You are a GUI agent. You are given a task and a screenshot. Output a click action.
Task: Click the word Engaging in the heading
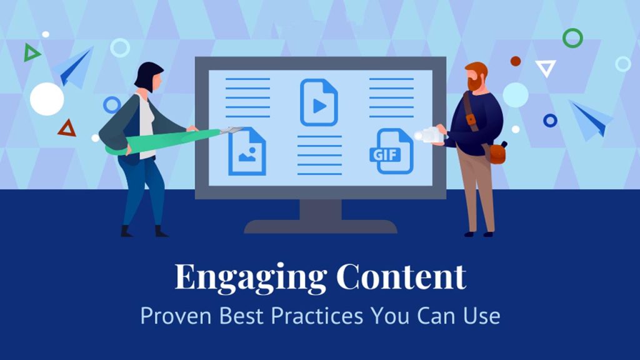(x=251, y=278)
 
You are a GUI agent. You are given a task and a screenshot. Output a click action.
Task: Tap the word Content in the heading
(x=401, y=276)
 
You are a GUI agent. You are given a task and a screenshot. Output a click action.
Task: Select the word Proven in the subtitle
(x=176, y=316)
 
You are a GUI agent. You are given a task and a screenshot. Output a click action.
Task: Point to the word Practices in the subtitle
(x=317, y=316)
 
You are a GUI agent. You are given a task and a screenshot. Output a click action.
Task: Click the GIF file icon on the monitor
(x=392, y=151)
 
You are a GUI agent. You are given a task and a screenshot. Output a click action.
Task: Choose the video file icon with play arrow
(x=319, y=102)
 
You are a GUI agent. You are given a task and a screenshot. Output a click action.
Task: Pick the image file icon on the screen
(x=247, y=151)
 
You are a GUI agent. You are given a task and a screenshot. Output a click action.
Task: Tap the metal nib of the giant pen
(x=231, y=131)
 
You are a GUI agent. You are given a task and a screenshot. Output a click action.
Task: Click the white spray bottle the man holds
(x=429, y=135)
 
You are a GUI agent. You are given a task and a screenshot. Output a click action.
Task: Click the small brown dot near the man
(x=516, y=61)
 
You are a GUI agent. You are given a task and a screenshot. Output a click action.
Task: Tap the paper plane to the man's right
(x=591, y=119)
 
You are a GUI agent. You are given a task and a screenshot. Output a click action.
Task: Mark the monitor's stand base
(x=321, y=226)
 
